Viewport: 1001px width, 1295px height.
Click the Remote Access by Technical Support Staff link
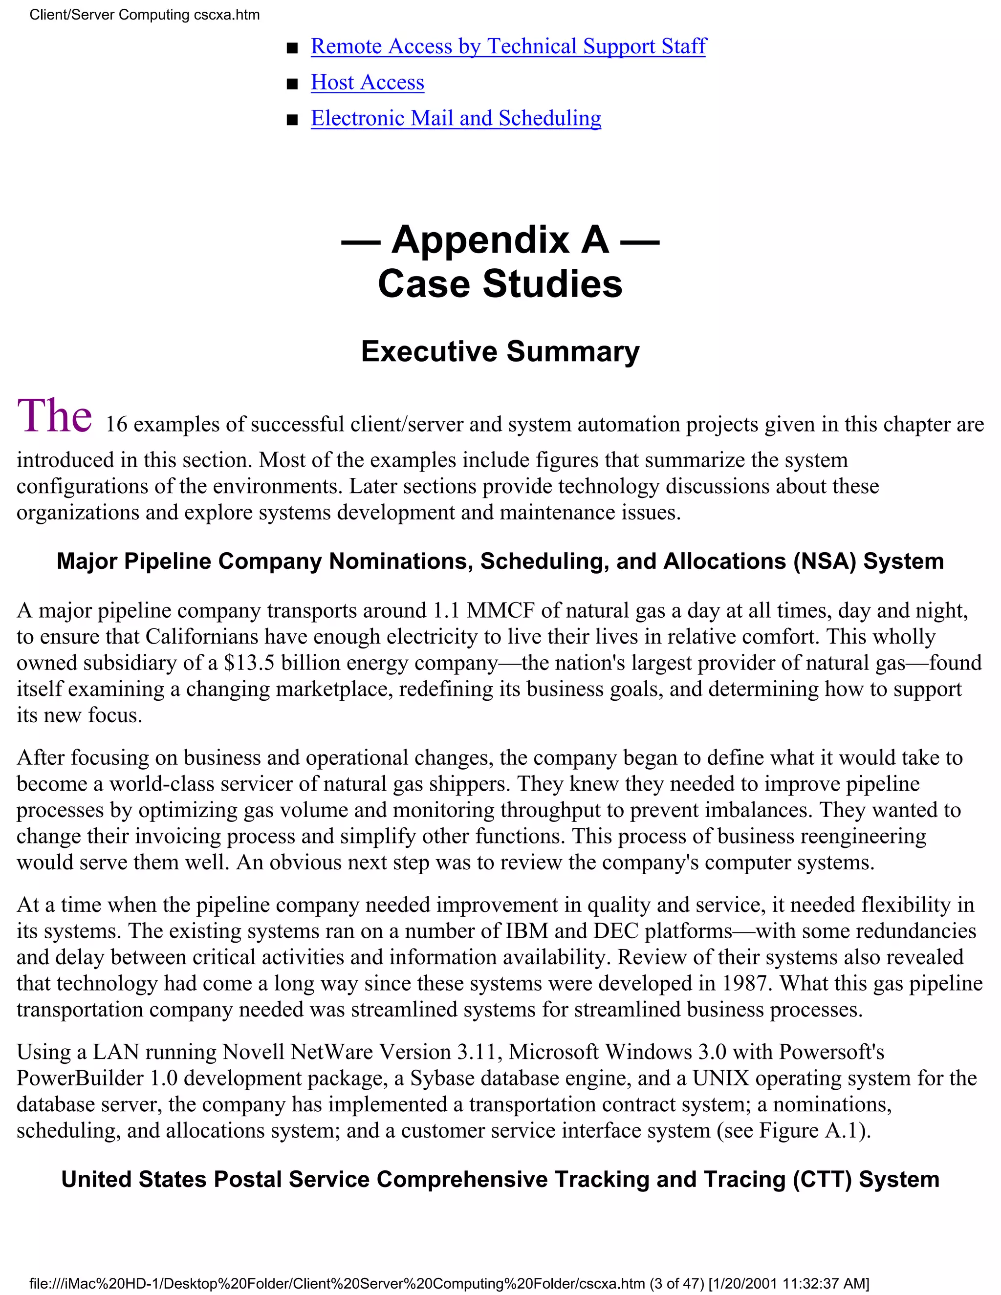(508, 46)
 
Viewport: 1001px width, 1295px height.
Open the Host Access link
(367, 83)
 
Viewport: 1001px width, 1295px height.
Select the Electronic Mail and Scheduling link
(456, 119)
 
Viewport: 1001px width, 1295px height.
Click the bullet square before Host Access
(292, 84)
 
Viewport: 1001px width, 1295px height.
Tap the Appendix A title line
(500, 240)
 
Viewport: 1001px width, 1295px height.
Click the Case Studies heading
(500, 284)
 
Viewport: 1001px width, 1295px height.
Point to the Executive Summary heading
(500, 352)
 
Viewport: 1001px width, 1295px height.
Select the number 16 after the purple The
(116, 425)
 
